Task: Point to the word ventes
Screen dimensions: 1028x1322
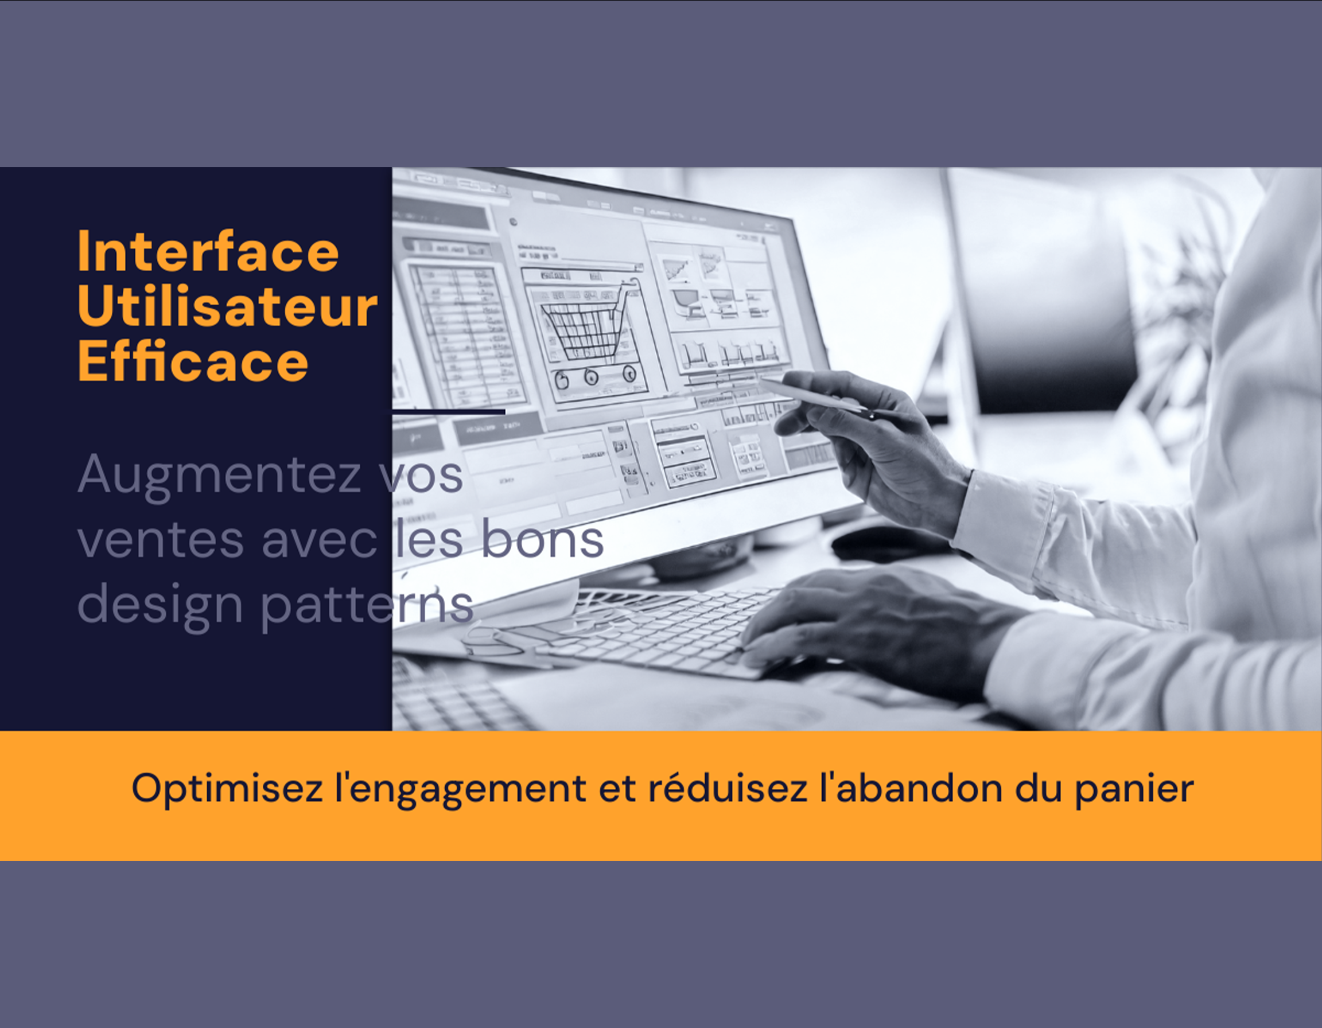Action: [161, 540]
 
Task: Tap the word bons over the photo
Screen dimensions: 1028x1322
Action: [542, 540]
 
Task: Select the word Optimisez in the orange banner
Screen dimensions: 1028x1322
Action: [227, 789]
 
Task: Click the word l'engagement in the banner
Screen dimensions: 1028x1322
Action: [461, 789]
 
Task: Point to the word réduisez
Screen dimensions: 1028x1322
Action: [727, 789]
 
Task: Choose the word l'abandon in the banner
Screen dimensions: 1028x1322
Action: [911, 789]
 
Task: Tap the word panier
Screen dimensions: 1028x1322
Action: [1134, 789]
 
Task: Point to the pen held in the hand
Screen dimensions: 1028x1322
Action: [817, 396]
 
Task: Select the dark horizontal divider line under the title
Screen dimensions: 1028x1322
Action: [449, 412]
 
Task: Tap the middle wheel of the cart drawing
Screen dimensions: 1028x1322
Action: [592, 377]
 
